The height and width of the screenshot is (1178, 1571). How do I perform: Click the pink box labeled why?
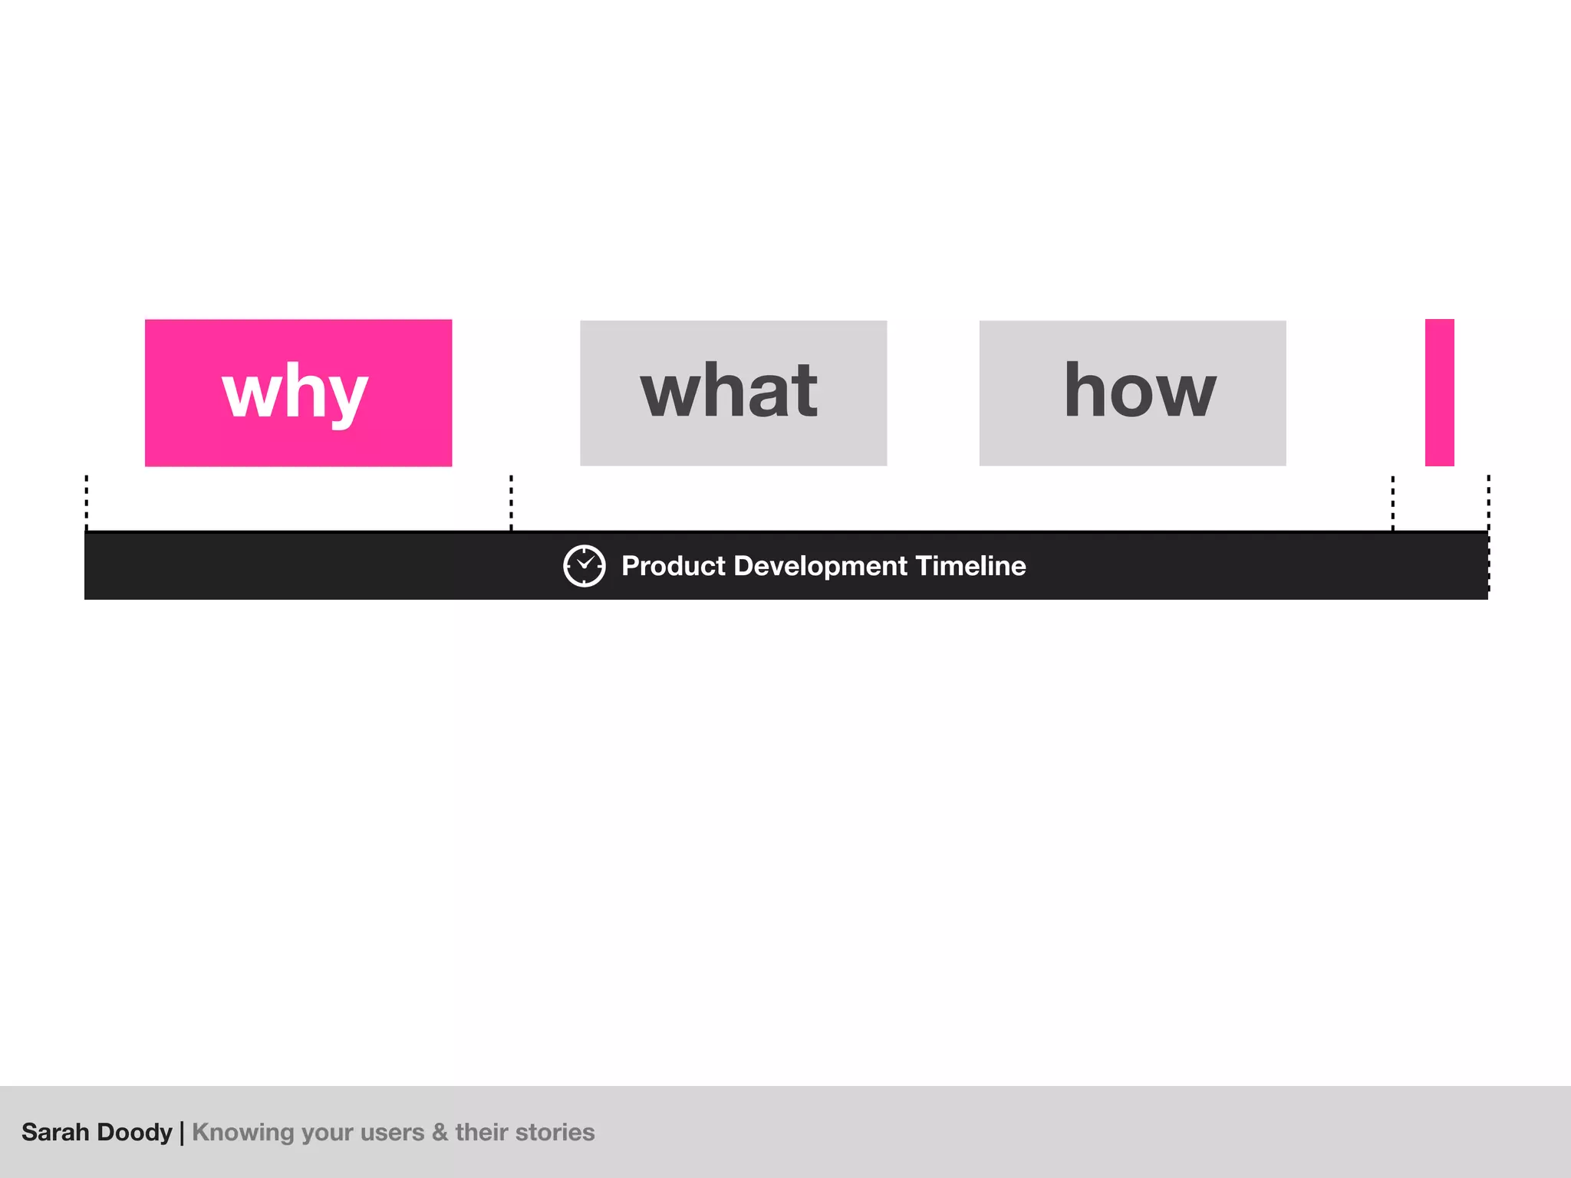click(298, 393)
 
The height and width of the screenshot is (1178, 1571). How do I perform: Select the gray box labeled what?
click(733, 393)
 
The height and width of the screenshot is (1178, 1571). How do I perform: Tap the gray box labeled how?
click(1132, 393)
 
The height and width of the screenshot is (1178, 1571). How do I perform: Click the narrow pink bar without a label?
click(1439, 393)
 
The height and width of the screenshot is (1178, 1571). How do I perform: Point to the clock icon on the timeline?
click(585, 566)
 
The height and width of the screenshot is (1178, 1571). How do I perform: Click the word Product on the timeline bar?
click(673, 566)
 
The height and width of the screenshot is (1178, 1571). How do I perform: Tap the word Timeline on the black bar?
click(970, 566)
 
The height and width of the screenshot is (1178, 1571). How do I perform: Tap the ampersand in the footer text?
click(440, 1132)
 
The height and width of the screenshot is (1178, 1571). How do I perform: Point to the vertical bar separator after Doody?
click(182, 1132)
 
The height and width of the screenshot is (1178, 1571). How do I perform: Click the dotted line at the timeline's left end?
click(87, 502)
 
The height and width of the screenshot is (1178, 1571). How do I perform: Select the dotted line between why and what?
click(511, 502)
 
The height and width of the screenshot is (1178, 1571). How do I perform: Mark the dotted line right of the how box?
click(1393, 502)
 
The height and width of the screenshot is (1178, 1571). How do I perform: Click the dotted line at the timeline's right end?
click(1488, 502)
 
